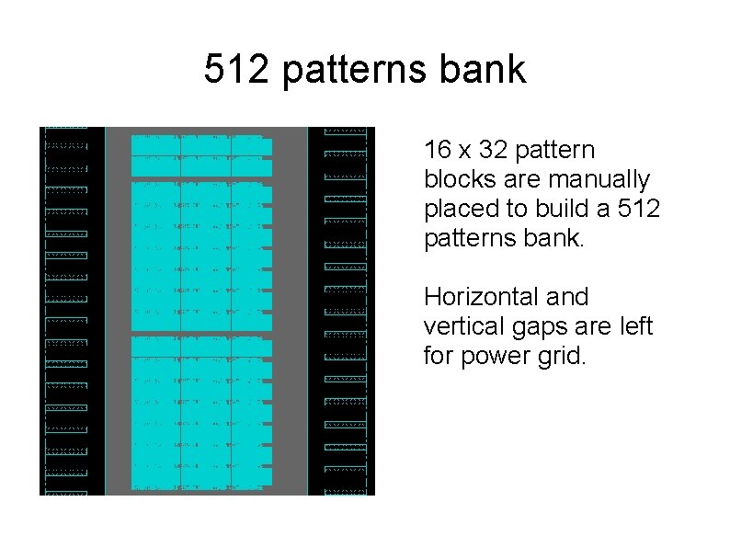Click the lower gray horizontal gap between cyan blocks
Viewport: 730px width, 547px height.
click(202, 333)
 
